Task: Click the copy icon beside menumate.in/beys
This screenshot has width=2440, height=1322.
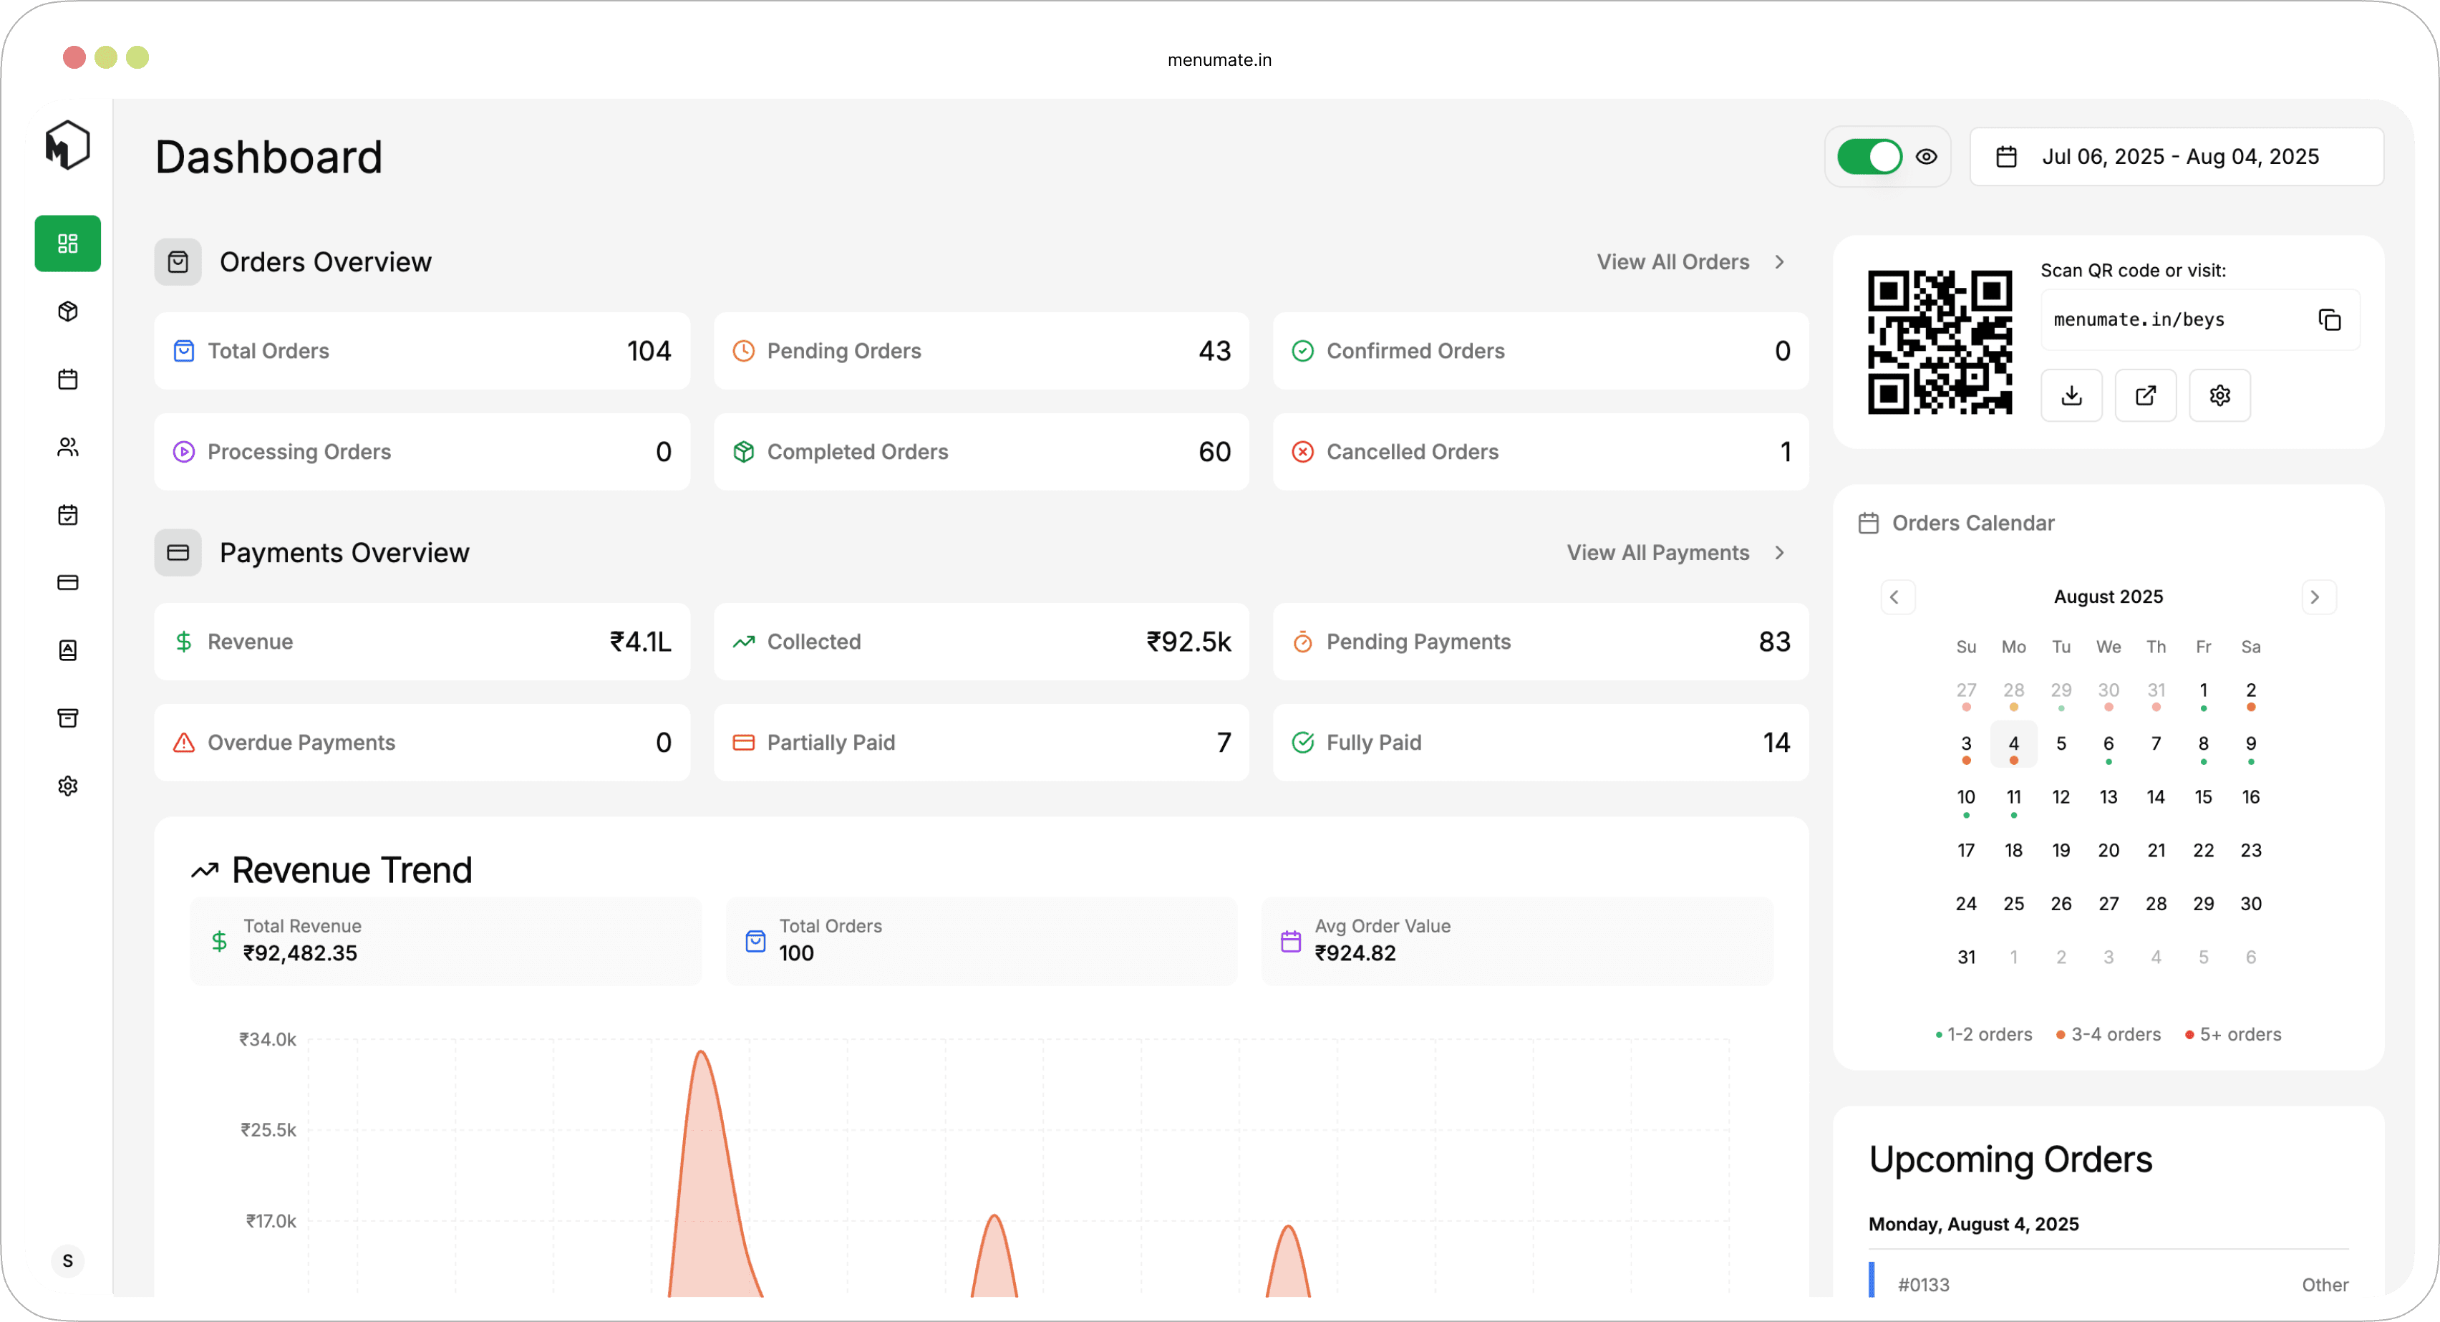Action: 2329,320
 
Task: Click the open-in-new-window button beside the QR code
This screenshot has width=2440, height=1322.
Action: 2146,396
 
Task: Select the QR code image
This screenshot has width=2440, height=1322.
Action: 1939,342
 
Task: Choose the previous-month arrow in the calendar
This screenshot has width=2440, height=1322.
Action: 1895,598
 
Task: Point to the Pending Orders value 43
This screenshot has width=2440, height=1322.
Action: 1214,352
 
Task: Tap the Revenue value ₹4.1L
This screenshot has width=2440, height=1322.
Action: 640,642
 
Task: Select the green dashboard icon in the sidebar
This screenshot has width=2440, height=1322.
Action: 67,244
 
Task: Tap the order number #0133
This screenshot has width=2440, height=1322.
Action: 1924,1285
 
